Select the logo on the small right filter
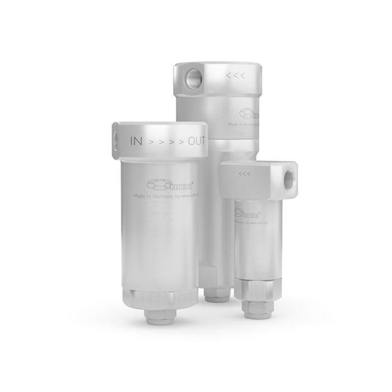(250, 213)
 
